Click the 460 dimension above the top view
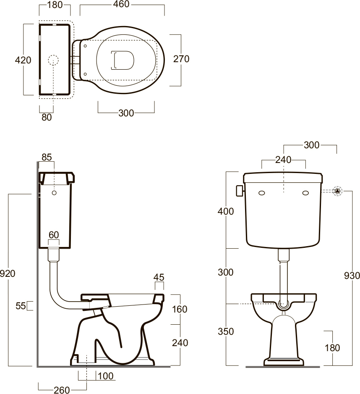[x=121, y=4]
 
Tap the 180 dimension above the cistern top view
[x=55, y=5]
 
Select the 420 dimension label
[x=23, y=60]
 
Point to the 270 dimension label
[x=181, y=59]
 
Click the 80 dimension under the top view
[x=47, y=117]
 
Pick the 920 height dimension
[x=8, y=273]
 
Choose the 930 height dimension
[x=352, y=276]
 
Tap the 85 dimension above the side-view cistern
[x=47, y=157]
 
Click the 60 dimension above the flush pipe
[x=54, y=235]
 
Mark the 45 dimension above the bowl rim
[x=159, y=277]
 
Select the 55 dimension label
[x=21, y=306]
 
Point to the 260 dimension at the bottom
[x=62, y=390]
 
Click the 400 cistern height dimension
[x=226, y=211]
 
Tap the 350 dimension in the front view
[x=226, y=331]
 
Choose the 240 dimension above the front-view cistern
[x=284, y=160]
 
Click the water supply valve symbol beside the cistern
[x=338, y=191]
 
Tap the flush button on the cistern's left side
[x=240, y=191]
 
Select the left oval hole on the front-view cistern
[x=261, y=193]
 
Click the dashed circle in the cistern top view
[x=53, y=60]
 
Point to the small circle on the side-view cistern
[x=54, y=193]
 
